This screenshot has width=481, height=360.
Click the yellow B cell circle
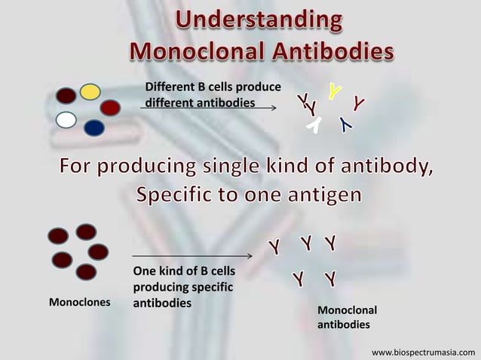(90, 92)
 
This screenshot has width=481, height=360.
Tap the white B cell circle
(66, 120)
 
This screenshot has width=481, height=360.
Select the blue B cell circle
(94, 127)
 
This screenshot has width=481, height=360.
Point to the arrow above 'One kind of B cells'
(191, 257)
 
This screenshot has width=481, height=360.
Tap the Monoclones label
(79, 303)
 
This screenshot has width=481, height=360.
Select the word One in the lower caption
(144, 271)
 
